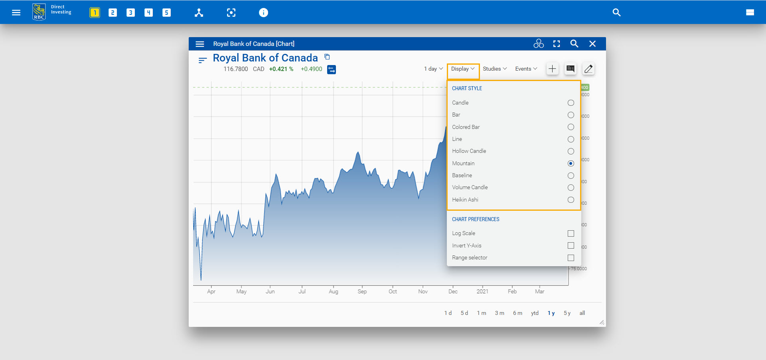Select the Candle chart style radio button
click(x=571, y=103)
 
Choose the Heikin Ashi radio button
click(x=571, y=200)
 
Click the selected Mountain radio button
click(x=571, y=163)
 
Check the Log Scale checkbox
click(x=571, y=233)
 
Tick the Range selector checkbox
click(x=571, y=258)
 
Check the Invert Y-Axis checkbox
click(x=571, y=245)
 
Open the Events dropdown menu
click(x=526, y=69)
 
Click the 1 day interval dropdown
click(x=433, y=69)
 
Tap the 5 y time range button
click(x=567, y=313)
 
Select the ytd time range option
click(x=535, y=313)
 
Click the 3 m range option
click(x=499, y=313)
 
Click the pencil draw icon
click(x=588, y=69)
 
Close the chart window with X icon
click(x=592, y=44)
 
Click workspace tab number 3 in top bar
click(x=130, y=12)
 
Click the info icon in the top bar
click(x=263, y=12)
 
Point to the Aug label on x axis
click(x=334, y=291)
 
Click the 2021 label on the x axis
click(x=482, y=291)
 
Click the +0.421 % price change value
click(x=281, y=69)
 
